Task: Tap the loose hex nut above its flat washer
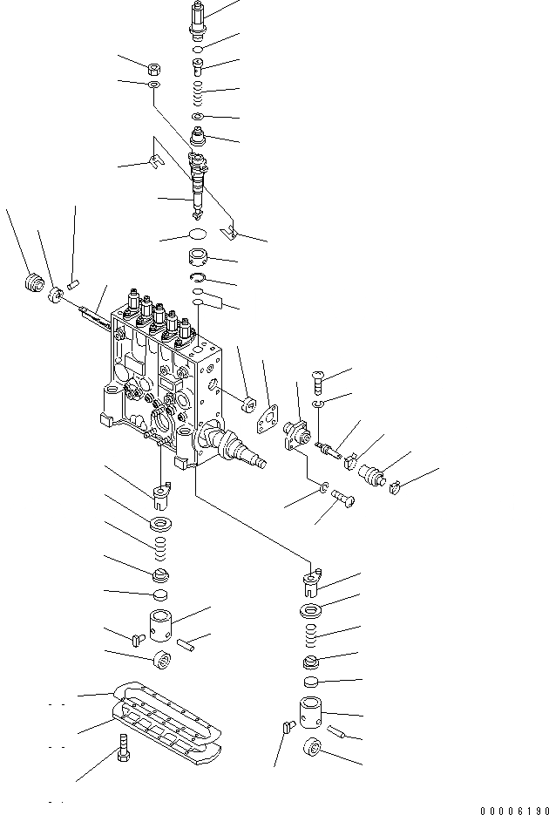point(152,67)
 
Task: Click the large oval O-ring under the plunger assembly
point(197,234)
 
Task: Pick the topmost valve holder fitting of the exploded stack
point(197,17)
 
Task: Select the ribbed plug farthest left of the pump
point(33,284)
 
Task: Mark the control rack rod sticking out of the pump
point(94,317)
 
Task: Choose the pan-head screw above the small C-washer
point(315,380)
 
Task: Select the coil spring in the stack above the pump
point(199,89)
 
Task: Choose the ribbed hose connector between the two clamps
point(372,473)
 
